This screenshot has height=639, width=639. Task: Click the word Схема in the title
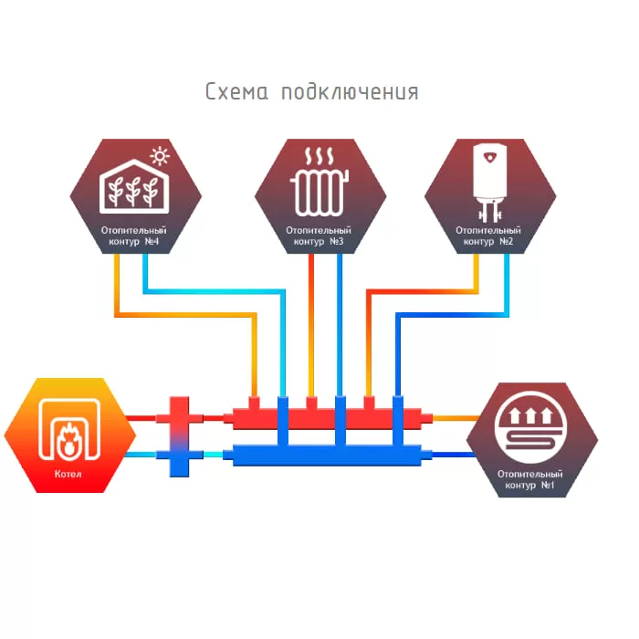[236, 91]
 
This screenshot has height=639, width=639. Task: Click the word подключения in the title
[350, 92]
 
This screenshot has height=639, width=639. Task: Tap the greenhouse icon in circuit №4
[134, 186]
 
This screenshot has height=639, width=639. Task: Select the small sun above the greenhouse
[160, 156]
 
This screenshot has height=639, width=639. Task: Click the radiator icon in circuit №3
[319, 193]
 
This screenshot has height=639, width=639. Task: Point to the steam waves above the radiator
[319, 156]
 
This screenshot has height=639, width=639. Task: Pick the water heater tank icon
[490, 183]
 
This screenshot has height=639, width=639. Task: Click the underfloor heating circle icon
[530, 427]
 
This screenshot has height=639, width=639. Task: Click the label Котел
[68, 474]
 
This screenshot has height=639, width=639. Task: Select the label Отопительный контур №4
[133, 236]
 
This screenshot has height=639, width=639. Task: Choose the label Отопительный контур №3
[319, 236]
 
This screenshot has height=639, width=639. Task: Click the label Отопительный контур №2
[488, 236]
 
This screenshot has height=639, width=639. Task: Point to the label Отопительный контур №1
[529, 479]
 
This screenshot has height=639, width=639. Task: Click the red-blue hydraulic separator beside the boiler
[179, 436]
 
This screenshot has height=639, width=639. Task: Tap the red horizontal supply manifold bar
[327, 418]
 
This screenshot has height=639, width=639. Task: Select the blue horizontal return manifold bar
[327, 456]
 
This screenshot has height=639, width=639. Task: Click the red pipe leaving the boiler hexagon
[141, 418]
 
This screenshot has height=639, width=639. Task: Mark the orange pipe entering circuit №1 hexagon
[456, 418]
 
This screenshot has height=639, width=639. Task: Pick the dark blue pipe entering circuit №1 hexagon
[453, 455]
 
